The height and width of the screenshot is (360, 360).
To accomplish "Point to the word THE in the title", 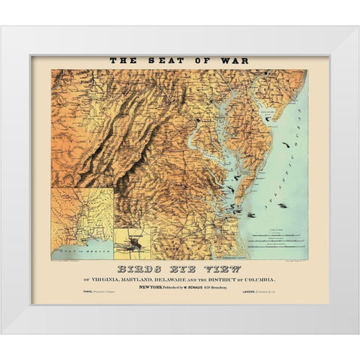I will pos(124,61).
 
